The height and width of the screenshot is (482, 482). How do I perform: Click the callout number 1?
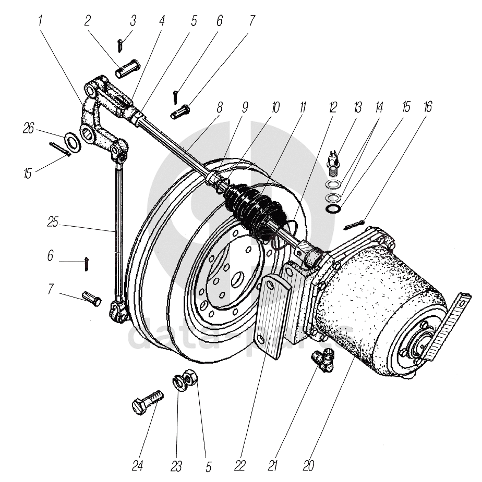(x=41, y=22)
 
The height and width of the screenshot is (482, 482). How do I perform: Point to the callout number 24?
(x=137, y=465)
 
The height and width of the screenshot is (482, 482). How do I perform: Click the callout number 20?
(x=308, y=465)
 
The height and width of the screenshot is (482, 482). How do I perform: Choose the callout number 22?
(x=239, y=465)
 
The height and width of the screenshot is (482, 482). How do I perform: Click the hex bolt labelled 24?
(x=147, y=403)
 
